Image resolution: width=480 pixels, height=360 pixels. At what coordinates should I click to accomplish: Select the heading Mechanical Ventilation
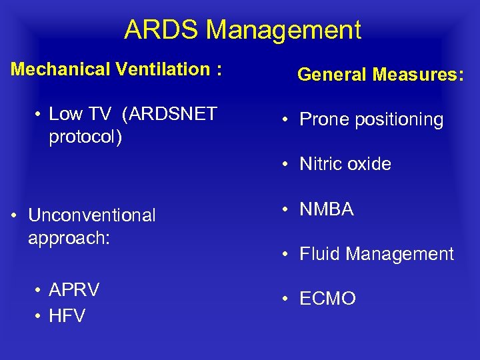(x=116, y=69)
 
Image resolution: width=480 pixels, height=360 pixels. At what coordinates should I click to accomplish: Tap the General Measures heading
(x=380, y=75)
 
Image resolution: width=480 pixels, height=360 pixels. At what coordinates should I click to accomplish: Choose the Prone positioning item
(x=371, y=120)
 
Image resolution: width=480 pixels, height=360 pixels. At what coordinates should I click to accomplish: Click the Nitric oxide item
(x=345, y=164)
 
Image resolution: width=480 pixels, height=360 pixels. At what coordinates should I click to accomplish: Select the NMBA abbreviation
(x=327, y=209)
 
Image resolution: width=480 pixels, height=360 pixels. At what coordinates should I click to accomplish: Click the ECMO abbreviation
(x=327, y=299)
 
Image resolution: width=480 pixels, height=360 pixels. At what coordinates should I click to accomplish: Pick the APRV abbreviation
(x=74, y=290)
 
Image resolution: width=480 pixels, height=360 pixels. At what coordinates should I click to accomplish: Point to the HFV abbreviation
(x=67, y=316)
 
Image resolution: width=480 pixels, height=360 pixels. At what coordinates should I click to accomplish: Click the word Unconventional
(x=91, y=215)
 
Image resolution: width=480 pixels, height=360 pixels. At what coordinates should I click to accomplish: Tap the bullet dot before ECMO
(x=284, y=299)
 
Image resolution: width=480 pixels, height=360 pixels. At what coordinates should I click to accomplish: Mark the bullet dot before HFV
(x=39, y=316)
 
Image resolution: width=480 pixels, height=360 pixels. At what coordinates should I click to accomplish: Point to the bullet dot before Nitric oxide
(x=284, y=165)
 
